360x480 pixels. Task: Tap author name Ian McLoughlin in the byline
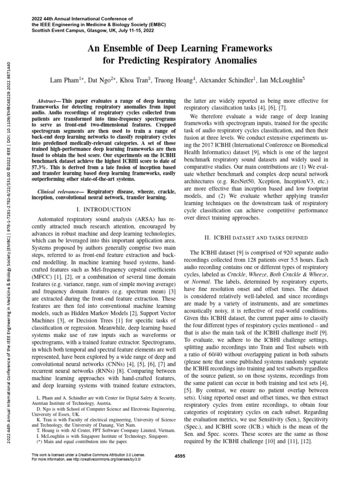pos(281,80)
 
